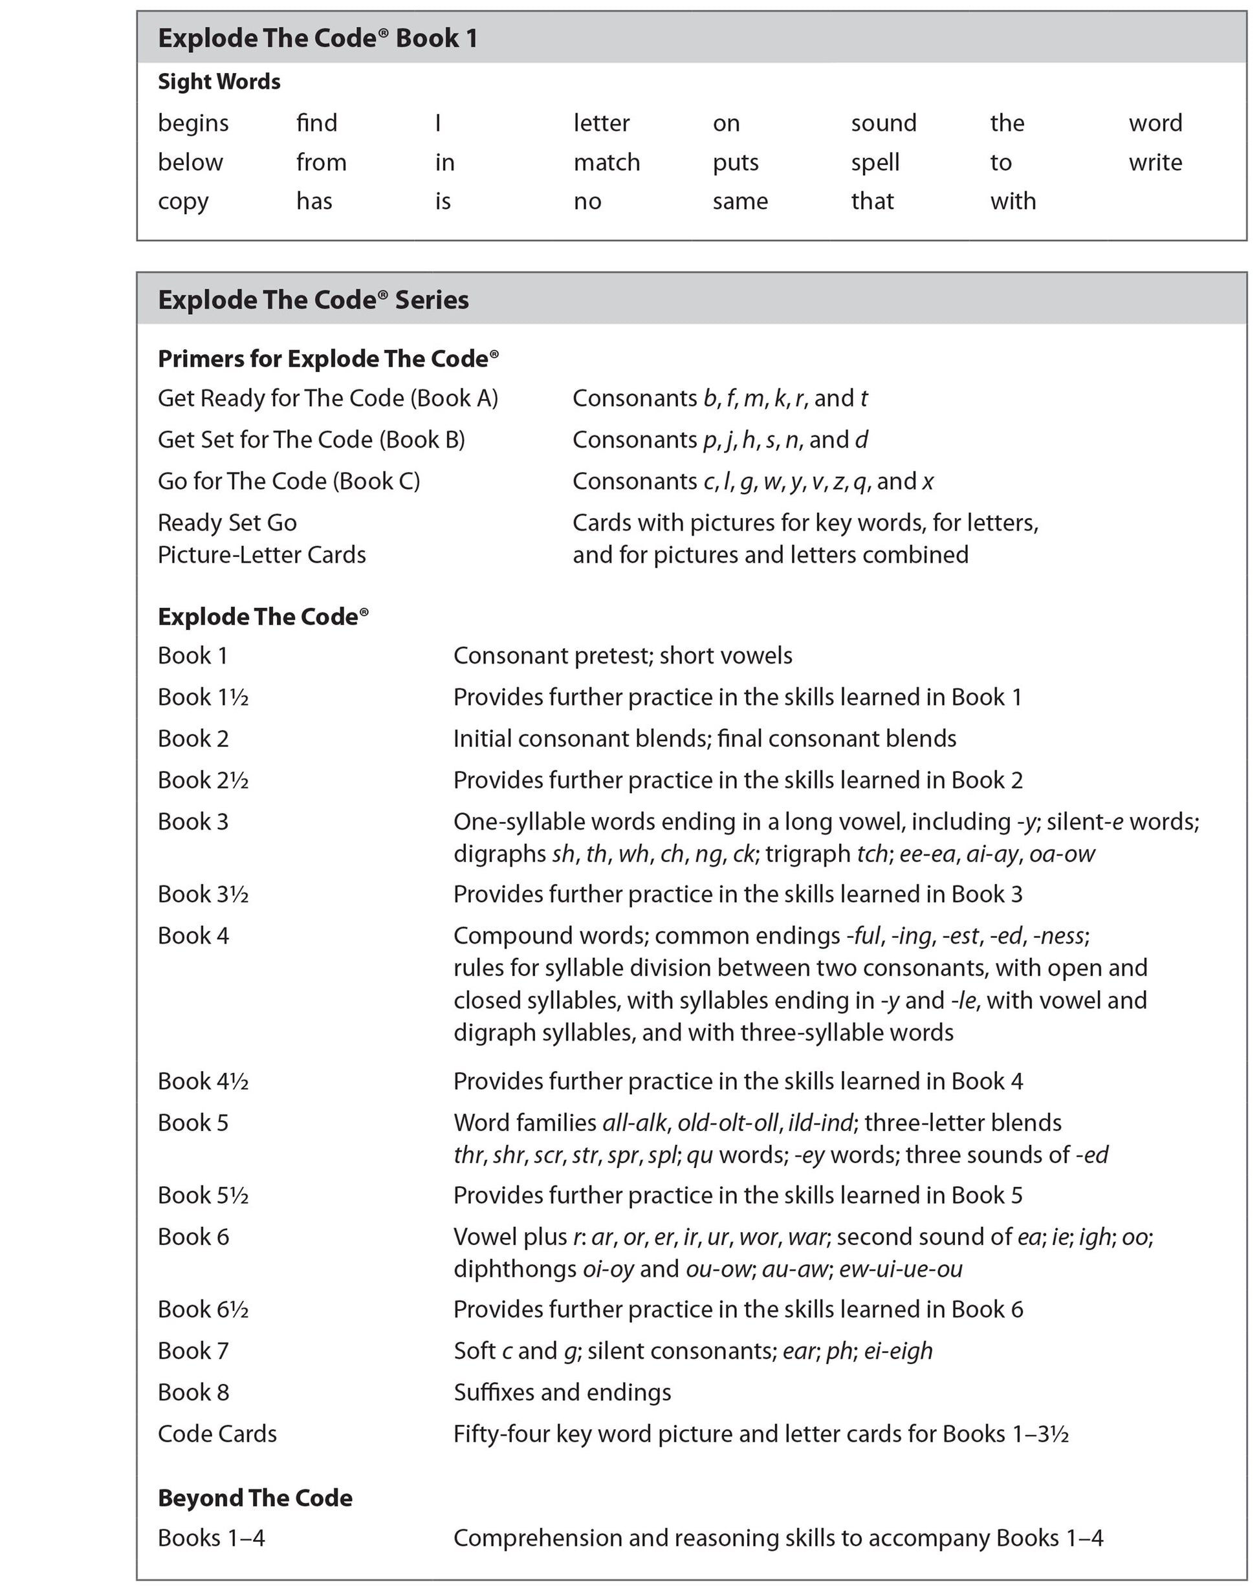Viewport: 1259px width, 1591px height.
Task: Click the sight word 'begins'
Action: coord(193,123)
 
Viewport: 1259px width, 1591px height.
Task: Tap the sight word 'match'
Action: coord(607,162)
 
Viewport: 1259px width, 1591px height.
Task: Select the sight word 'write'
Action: coord(1155,162)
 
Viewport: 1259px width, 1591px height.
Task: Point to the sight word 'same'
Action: coord(740,201)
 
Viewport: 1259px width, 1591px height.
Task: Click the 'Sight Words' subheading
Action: coord(219,81)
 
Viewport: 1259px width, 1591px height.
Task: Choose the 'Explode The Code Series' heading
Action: coord(313,300)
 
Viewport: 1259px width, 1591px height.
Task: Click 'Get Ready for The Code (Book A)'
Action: coord(328,398)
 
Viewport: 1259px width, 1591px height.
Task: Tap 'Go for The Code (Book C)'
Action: coord(289,481)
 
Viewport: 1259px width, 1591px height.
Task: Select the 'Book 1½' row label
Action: coord(203,697)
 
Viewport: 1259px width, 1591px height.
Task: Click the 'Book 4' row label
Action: coord(193,936)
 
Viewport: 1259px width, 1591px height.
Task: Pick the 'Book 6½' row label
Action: coord(203,1310)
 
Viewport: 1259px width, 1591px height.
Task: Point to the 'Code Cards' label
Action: coord(217,1434)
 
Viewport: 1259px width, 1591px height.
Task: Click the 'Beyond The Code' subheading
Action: coord(255,1498)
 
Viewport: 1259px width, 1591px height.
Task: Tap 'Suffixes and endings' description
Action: coord(562,1392)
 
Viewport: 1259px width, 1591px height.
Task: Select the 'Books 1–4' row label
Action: coord(212,1538)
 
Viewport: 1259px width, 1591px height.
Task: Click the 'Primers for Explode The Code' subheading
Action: coord(328,359)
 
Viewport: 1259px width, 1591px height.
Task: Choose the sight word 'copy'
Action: coord(183,202)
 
